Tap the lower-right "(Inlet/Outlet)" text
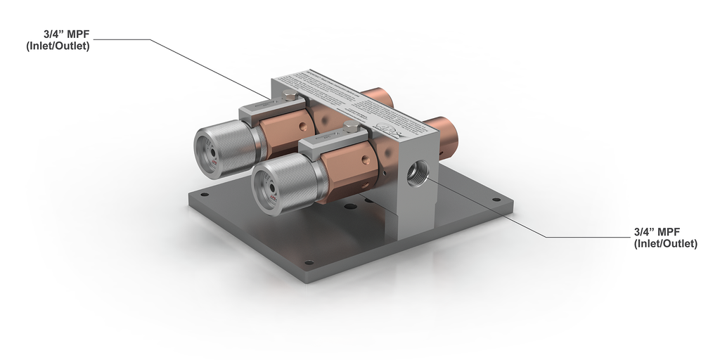pyautogui.click(x=665, y=244)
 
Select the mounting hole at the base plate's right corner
pyautogui.click(x=496, y=200)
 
